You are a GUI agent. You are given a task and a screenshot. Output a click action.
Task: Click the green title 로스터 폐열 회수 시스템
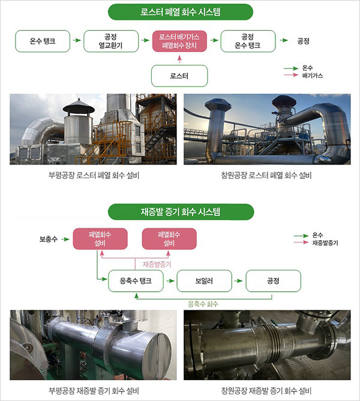click(x=180, y=11)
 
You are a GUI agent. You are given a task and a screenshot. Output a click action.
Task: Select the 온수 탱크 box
click(x=43, y=41)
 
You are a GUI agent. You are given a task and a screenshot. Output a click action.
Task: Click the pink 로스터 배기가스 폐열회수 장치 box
click(x=180, y=41)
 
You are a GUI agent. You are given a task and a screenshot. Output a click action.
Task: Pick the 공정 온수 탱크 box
click(x=248, y=41)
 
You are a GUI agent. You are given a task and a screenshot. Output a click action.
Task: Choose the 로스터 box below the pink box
click(x=180, y=76)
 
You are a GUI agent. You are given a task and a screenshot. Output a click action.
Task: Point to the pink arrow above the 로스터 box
click(x=180, y=58)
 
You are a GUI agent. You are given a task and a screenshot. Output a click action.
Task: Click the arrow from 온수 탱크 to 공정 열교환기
click(x=76, y=41)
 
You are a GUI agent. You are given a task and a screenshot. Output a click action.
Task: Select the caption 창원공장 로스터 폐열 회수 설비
click(x=266, y=176)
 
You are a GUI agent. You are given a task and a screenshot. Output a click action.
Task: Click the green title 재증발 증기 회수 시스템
click(x=180, y=211)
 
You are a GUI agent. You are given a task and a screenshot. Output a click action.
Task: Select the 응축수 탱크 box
click(x=136, y=280)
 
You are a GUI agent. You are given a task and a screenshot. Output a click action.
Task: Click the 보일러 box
click(x=204, y=280)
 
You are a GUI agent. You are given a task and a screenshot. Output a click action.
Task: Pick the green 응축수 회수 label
click(x=203, y=304)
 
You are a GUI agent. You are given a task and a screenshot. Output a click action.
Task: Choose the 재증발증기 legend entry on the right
click(x=321, y=243)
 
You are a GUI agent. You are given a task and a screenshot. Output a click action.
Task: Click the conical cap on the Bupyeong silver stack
click(x=79, y=107)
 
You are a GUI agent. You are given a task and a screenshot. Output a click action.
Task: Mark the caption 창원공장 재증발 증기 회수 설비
click(x=266, y=391)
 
